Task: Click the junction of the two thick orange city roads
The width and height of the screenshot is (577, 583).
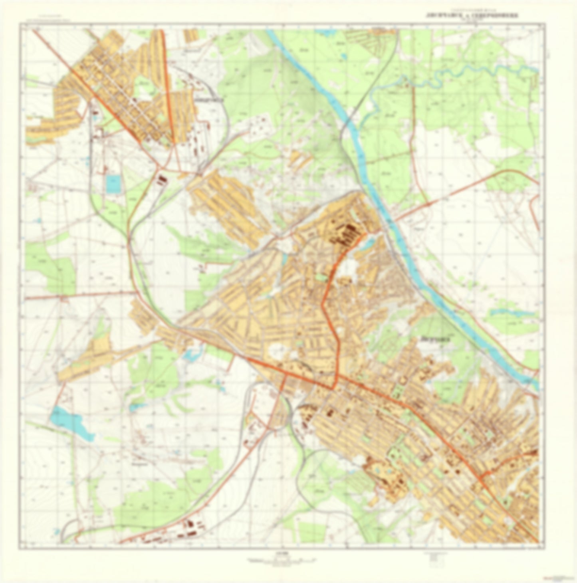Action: (x=335, y=387)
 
